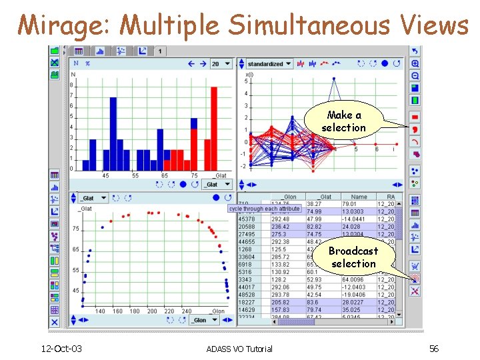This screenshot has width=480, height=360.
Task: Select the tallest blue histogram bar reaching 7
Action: point(113,133)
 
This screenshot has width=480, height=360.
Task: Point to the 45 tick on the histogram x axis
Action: point(105,175)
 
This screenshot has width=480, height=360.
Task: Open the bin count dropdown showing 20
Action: point(220,64)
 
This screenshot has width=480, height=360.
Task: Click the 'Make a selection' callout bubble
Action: point(343,121)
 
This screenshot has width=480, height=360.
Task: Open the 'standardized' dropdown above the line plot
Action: point(269,64)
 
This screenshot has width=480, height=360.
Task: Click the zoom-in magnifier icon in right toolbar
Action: point(415,63)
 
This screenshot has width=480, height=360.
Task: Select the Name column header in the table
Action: point(359,197)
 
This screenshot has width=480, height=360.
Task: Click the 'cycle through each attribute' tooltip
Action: point(265,209)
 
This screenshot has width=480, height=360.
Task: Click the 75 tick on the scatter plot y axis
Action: point(75,229)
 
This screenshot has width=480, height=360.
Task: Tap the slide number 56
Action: point(434,348)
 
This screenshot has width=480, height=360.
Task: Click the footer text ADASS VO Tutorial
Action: point(239,349)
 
